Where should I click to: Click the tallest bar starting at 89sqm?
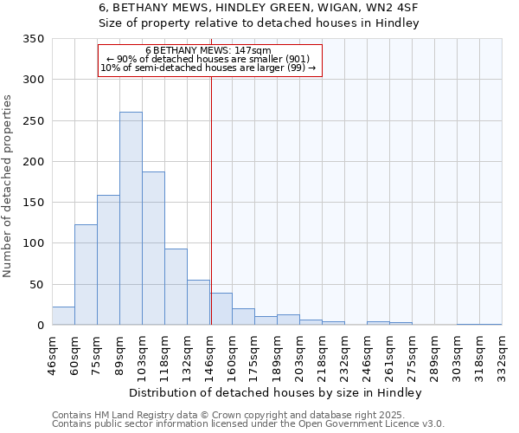pyautogui.click(x=131, y=218)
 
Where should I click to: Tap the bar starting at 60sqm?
pyautogui.click(x=86, y=275)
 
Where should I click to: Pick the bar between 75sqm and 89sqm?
pyautogui.click(x=108, y=260)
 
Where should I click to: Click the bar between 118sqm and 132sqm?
pyautogui.click(x=176, y=287)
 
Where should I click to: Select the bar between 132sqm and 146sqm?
pyautogui.click(x=198, y=302)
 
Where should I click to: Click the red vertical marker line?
pyautogui.click(x=211, y=199)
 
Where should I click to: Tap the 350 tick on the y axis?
pyautogui.click(x=35, y=39)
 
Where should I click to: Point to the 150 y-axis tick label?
pyautogui.click(x=35, y=203)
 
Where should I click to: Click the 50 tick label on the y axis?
pyautogui.click(x=38, y=285)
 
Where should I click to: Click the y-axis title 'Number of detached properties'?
pyautogui.click(x=8, y=186)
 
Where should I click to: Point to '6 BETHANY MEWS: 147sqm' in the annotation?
pyautogui.click(x=208, y=50)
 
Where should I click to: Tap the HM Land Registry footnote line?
pyautogui.click(x=240, y=415)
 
